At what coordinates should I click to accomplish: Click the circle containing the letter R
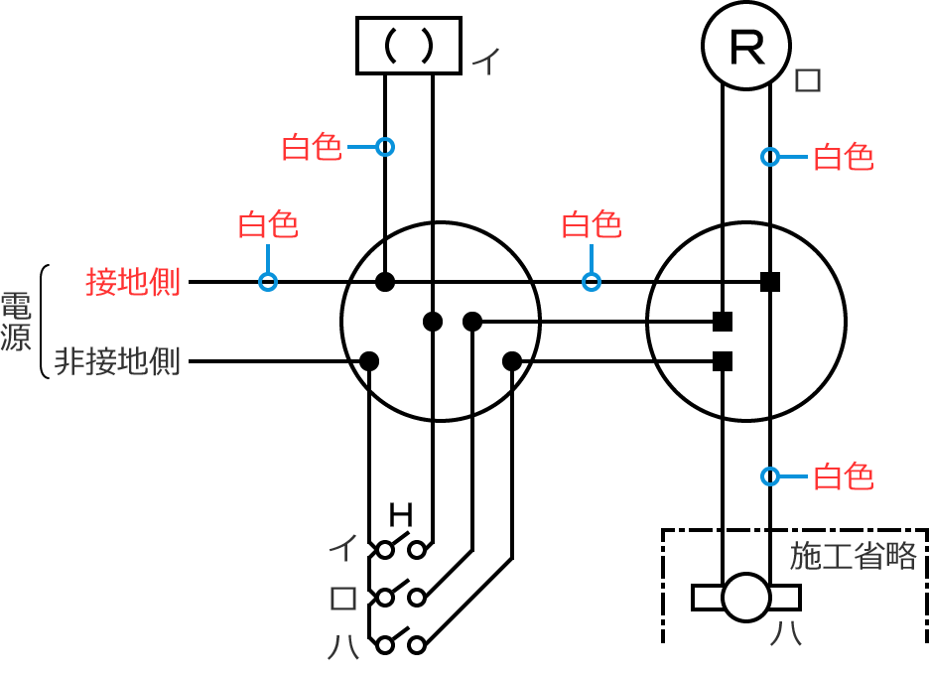(745, 46)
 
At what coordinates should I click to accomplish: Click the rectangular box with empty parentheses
(409, 46)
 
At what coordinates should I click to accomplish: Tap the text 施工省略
(853, 556)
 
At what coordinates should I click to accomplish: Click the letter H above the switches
(400, 514)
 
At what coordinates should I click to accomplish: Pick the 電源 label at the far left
(16, 323)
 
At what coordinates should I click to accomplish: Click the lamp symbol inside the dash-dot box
(745, 597)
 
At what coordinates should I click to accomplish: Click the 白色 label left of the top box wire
(312, 147)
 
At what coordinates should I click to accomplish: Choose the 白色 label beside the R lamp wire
(843, 157)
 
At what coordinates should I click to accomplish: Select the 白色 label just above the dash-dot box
(843, 477)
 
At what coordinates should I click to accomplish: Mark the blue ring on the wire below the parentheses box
(385, 147)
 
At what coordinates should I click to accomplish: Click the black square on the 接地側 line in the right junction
(769, 282)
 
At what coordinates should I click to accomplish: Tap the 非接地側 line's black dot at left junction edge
(369, 360)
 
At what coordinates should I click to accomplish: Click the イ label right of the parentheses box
(484, 62)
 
